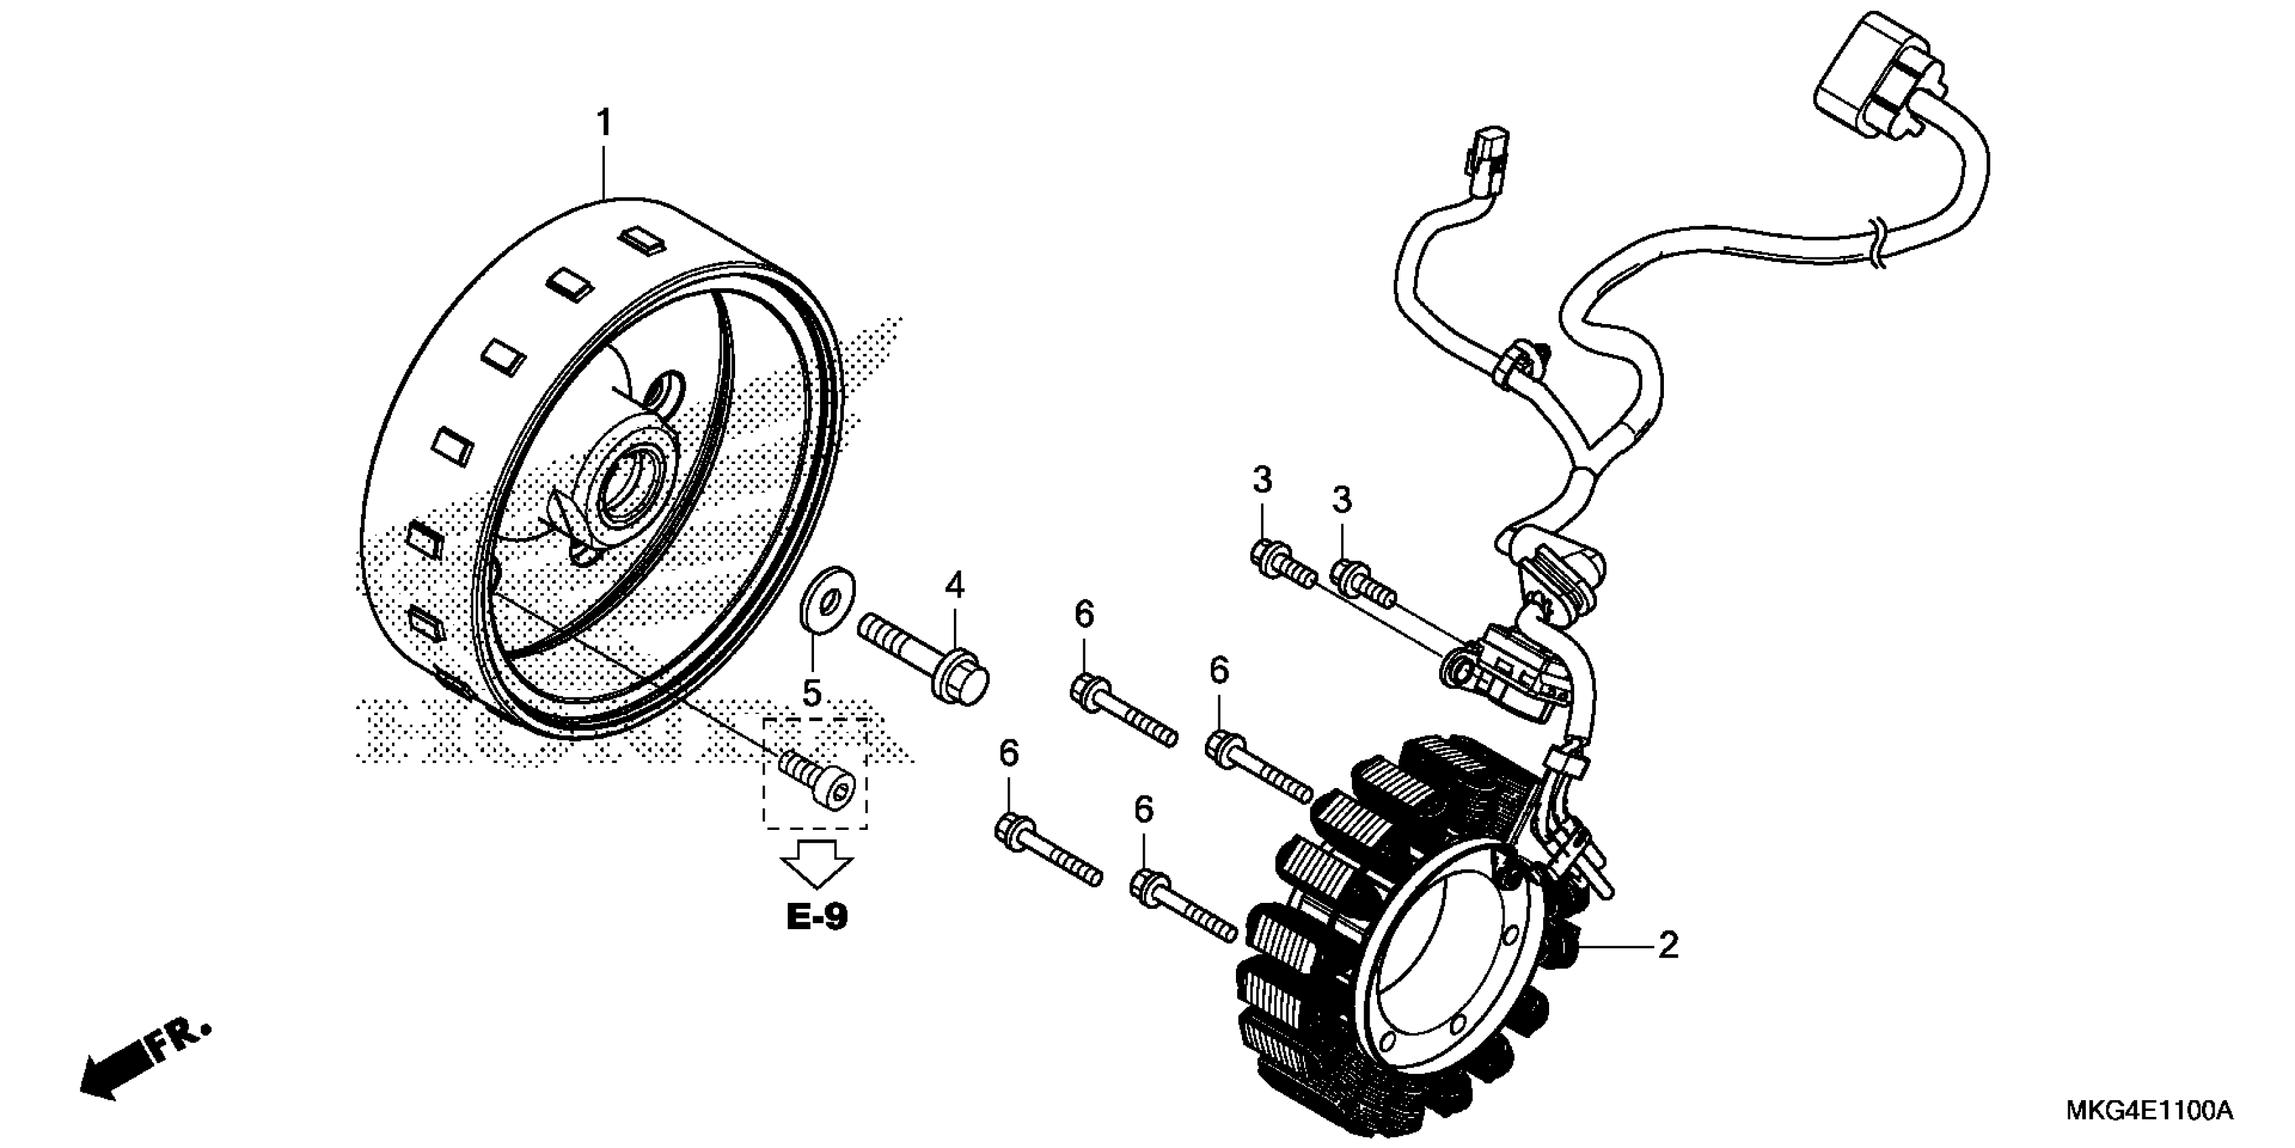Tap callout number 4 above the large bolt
point(954,585)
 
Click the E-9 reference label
point(816,917)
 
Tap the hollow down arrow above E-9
point(817,864)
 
